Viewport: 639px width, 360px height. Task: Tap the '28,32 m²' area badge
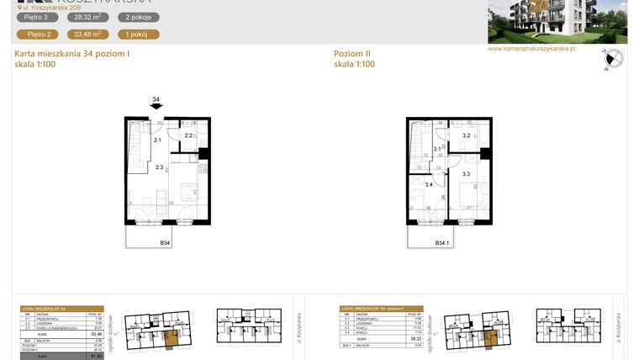(87, 17)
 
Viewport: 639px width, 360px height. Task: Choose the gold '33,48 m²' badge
(87, 34)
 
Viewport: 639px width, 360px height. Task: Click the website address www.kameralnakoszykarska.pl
(531, 49)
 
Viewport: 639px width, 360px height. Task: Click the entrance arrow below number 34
(156, 107)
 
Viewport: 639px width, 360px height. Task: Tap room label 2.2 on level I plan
(189, 135)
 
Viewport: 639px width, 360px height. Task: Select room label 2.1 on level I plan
(157, 140)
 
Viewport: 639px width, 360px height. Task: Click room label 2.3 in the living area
(160, 167)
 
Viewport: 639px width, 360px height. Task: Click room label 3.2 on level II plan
(466, 135)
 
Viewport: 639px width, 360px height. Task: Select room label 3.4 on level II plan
(429, 184)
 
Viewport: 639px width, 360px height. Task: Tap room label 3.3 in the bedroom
(466, 174)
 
